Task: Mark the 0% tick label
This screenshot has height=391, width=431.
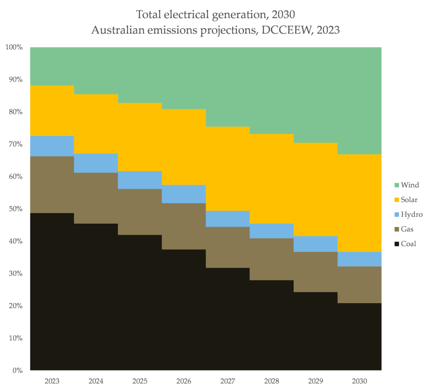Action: pos(17,370)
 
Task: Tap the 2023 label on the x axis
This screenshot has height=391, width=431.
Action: pos(52,381)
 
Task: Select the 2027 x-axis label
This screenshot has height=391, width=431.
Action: pos(228,381)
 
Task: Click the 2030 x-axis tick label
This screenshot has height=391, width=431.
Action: pos(359,381)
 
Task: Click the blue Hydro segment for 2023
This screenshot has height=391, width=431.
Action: pos(52,146)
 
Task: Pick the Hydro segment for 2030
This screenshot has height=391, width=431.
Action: pos(359,259)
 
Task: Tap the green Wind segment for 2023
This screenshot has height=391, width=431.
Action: pos(52,66)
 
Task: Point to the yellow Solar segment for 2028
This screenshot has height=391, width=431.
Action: pos(272,178)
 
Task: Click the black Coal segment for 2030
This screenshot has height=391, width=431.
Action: pos(359,336)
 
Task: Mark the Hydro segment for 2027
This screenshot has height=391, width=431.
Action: pos(228,219)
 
